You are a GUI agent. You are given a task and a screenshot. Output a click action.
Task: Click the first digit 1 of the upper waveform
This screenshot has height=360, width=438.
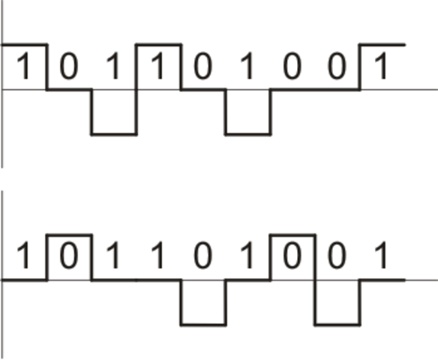coord(23,67)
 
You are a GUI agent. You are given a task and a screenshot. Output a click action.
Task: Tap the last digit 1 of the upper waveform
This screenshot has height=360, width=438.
coord(382,67)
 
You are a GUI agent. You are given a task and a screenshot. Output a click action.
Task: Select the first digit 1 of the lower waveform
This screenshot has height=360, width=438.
coord(23,257)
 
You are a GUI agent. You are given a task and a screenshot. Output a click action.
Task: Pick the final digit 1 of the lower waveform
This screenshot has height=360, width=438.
coord(382,257)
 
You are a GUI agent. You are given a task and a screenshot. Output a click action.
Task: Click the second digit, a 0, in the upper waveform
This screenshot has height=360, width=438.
coord(68,67)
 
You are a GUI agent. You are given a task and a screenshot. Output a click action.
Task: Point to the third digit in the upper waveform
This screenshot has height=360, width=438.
coord(113,67)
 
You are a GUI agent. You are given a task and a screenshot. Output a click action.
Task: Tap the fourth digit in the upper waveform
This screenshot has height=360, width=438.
coord(158,67)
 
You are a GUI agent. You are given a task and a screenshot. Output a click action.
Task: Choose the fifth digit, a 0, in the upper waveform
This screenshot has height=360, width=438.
coord(202,67)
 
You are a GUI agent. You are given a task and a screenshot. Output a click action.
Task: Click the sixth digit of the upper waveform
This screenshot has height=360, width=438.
coord(247,67)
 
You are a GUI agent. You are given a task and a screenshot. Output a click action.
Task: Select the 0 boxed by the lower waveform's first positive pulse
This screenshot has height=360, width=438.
coord(68,257)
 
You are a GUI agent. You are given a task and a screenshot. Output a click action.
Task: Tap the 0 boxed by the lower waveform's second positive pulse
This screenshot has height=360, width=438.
coord(292,257)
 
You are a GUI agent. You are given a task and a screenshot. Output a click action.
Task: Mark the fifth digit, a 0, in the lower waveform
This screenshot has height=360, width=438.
coord(202,257)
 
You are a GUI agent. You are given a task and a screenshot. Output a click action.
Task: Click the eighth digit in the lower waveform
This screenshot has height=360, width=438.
coord(337,257)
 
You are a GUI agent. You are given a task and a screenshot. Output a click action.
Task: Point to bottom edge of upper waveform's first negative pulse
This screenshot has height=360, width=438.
coord(114,134)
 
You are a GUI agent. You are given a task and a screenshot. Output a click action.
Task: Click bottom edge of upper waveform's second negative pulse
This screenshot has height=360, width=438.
coord(248,134)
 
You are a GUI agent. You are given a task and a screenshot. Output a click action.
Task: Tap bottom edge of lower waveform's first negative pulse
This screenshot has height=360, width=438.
coord(203,325)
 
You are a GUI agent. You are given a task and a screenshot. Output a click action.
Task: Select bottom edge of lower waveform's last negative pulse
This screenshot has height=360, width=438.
coord(337,325)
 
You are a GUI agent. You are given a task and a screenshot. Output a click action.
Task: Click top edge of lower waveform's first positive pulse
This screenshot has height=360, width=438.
coord(69,235)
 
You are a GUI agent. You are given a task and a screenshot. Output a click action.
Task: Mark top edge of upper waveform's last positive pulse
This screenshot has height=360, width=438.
coord(382,44)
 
